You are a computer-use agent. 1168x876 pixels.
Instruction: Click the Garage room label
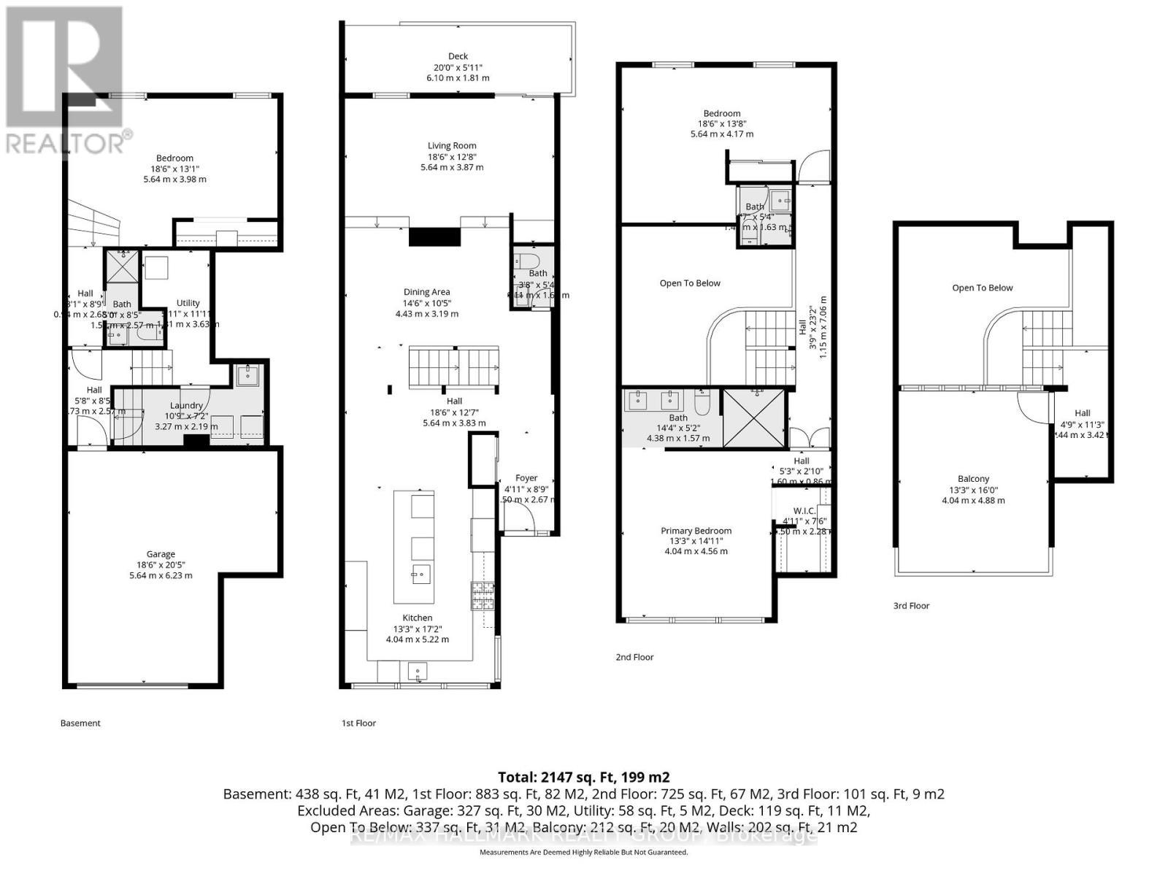[161, 554]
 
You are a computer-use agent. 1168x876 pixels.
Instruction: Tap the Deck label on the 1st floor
[458, 56]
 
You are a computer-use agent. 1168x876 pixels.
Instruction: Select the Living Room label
[452, 146]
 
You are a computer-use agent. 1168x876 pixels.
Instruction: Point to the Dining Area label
[427, 292]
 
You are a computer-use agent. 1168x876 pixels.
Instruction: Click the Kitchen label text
[417, 618]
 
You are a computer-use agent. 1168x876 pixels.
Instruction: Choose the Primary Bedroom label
[696, 531]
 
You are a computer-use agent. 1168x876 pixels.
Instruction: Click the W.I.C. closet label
[804, 510]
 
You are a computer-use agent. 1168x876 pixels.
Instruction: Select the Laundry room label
[186, 405]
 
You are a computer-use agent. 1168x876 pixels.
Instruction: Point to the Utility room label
[188, 303]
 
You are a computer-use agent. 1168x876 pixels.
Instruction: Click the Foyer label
[526, 478]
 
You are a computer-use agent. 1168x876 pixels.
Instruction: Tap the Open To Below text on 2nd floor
[690, 283]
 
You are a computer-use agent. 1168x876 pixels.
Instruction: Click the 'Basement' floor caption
[80, 723]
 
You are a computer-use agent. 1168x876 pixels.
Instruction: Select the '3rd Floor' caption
[911, 606]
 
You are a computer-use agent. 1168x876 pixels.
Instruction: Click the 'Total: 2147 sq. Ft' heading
[583, 777]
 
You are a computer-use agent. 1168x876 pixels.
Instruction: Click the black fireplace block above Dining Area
[434, 237]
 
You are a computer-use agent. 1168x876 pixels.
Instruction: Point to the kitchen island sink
[420, 575]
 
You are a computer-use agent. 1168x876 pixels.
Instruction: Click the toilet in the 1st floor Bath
[526, 261]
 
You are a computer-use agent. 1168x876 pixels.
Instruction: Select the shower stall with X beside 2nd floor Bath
[753, 418]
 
